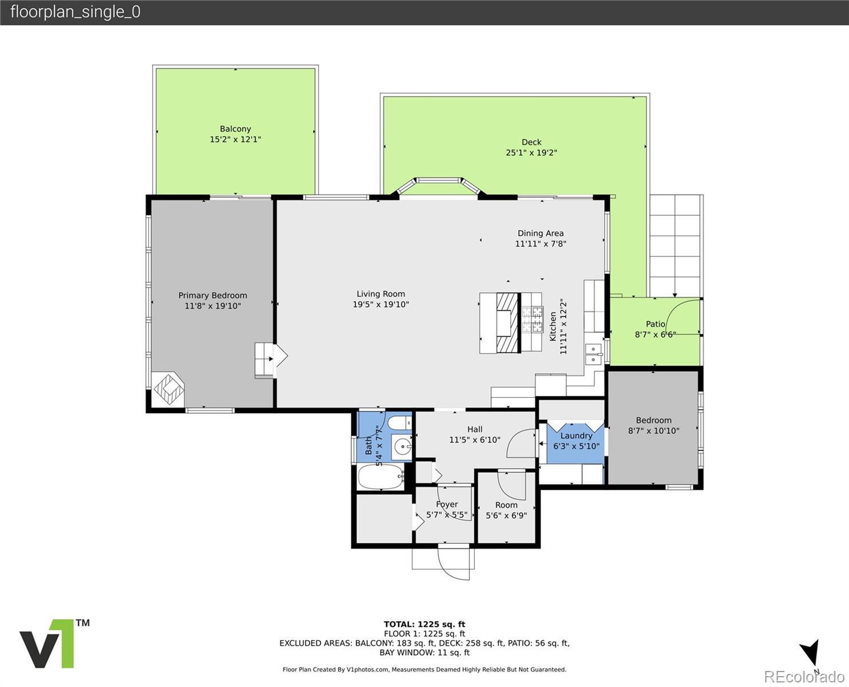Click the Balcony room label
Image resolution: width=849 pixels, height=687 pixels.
235,129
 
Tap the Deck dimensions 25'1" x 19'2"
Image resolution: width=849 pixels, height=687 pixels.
531,153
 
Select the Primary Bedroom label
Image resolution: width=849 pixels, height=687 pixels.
213,295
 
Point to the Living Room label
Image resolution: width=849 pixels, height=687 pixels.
380,294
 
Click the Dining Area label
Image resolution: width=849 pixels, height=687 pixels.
540,233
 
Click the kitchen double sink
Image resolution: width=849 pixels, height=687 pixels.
593,353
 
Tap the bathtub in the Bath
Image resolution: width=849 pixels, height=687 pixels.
380,477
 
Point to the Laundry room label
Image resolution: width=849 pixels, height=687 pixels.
576,436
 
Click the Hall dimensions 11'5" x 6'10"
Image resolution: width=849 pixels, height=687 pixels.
474,440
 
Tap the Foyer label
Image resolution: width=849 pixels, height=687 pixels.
447,504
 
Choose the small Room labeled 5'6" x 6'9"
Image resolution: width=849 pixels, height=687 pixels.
506,510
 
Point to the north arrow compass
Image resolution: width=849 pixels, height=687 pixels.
810,654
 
